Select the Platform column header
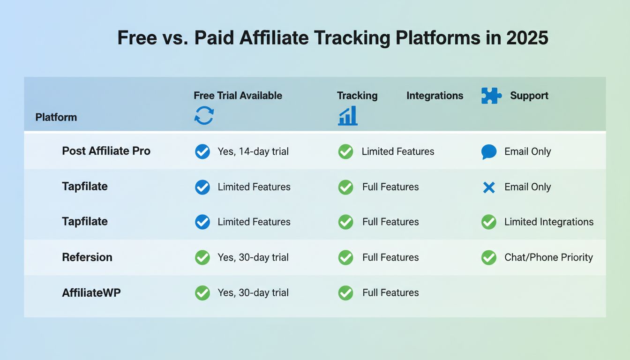(x=56, y=117)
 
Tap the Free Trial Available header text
(x=238, y=96)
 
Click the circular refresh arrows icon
(x=204, y=115)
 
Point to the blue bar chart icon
(x=347, y=116)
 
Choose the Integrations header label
(x=435, y=96)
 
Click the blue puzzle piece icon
(x=491, y=96)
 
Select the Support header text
(x=529, y=96)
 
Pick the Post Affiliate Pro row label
(x=106, y=151)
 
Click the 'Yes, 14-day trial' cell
(x=253, y=151)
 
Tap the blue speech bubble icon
(x=488, y=151)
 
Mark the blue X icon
(x=488, y=187)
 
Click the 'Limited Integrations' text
(x=548, y=222)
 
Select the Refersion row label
(x=87, y=257)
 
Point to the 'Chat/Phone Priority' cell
(x=548, y=257)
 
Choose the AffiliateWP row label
(x=91, y=293)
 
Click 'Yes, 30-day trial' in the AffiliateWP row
(x=253, y=293)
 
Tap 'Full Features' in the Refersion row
(x=390, y=257)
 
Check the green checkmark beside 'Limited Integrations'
(x=488, y=222)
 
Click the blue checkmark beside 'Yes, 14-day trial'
(x=202, y=151)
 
